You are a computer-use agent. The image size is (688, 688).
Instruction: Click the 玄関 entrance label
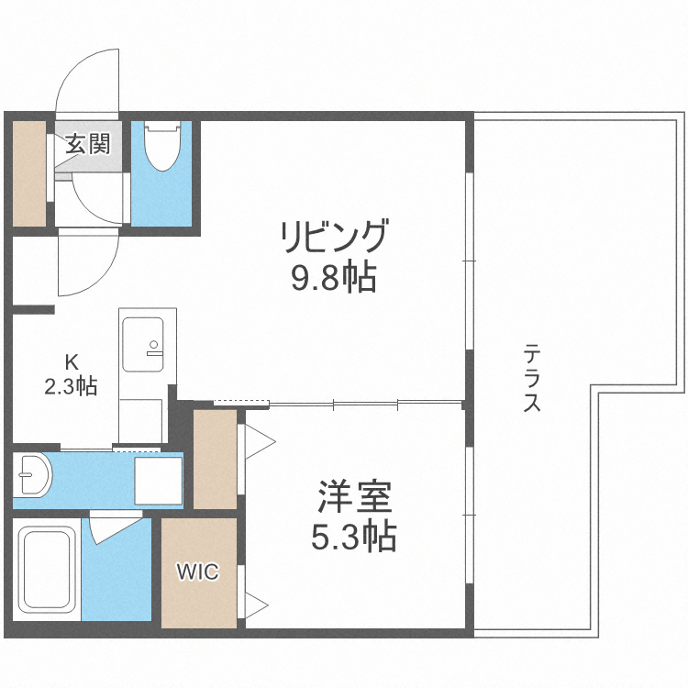tap(88, 143)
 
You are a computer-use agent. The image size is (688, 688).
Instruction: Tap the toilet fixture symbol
tap(162, 147)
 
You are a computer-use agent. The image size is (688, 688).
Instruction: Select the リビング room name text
tap(336, 238)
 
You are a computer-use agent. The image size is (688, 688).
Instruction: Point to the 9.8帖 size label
tap(334, 276)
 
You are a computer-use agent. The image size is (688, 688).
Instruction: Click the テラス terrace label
tap(531, 377)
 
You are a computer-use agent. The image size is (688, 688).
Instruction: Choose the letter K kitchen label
tap(71, 360)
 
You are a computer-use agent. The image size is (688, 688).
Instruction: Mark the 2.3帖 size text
tap(71, 385)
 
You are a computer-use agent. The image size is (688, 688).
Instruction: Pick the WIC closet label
tap(198, 573)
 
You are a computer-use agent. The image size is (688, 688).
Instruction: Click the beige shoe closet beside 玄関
tap(29, 172)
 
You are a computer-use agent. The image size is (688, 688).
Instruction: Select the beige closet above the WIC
tap(215, 458)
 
